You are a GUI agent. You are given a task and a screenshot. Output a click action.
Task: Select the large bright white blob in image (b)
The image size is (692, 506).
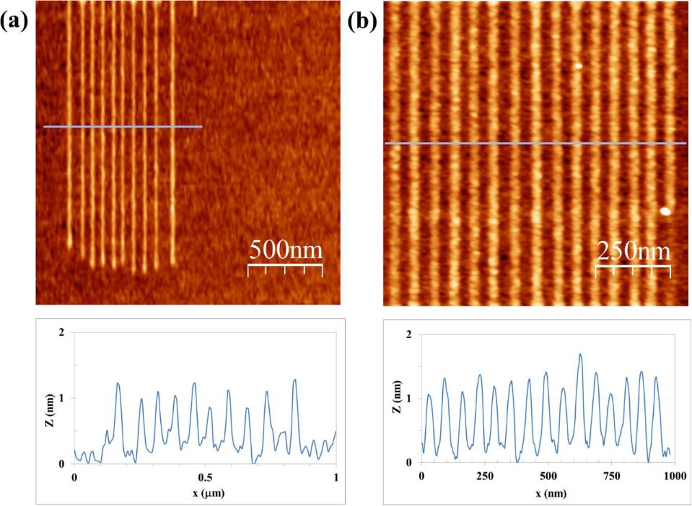coord(665,211)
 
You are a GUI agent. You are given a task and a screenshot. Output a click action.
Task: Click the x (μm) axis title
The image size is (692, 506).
coord(205,495)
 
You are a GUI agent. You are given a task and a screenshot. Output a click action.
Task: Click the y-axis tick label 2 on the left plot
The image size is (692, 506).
coord(61,332)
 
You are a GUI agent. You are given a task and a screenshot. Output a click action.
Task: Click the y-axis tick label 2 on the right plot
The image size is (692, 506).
coord(409,334)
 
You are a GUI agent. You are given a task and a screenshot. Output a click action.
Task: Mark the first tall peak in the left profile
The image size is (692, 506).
coord(118,383)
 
